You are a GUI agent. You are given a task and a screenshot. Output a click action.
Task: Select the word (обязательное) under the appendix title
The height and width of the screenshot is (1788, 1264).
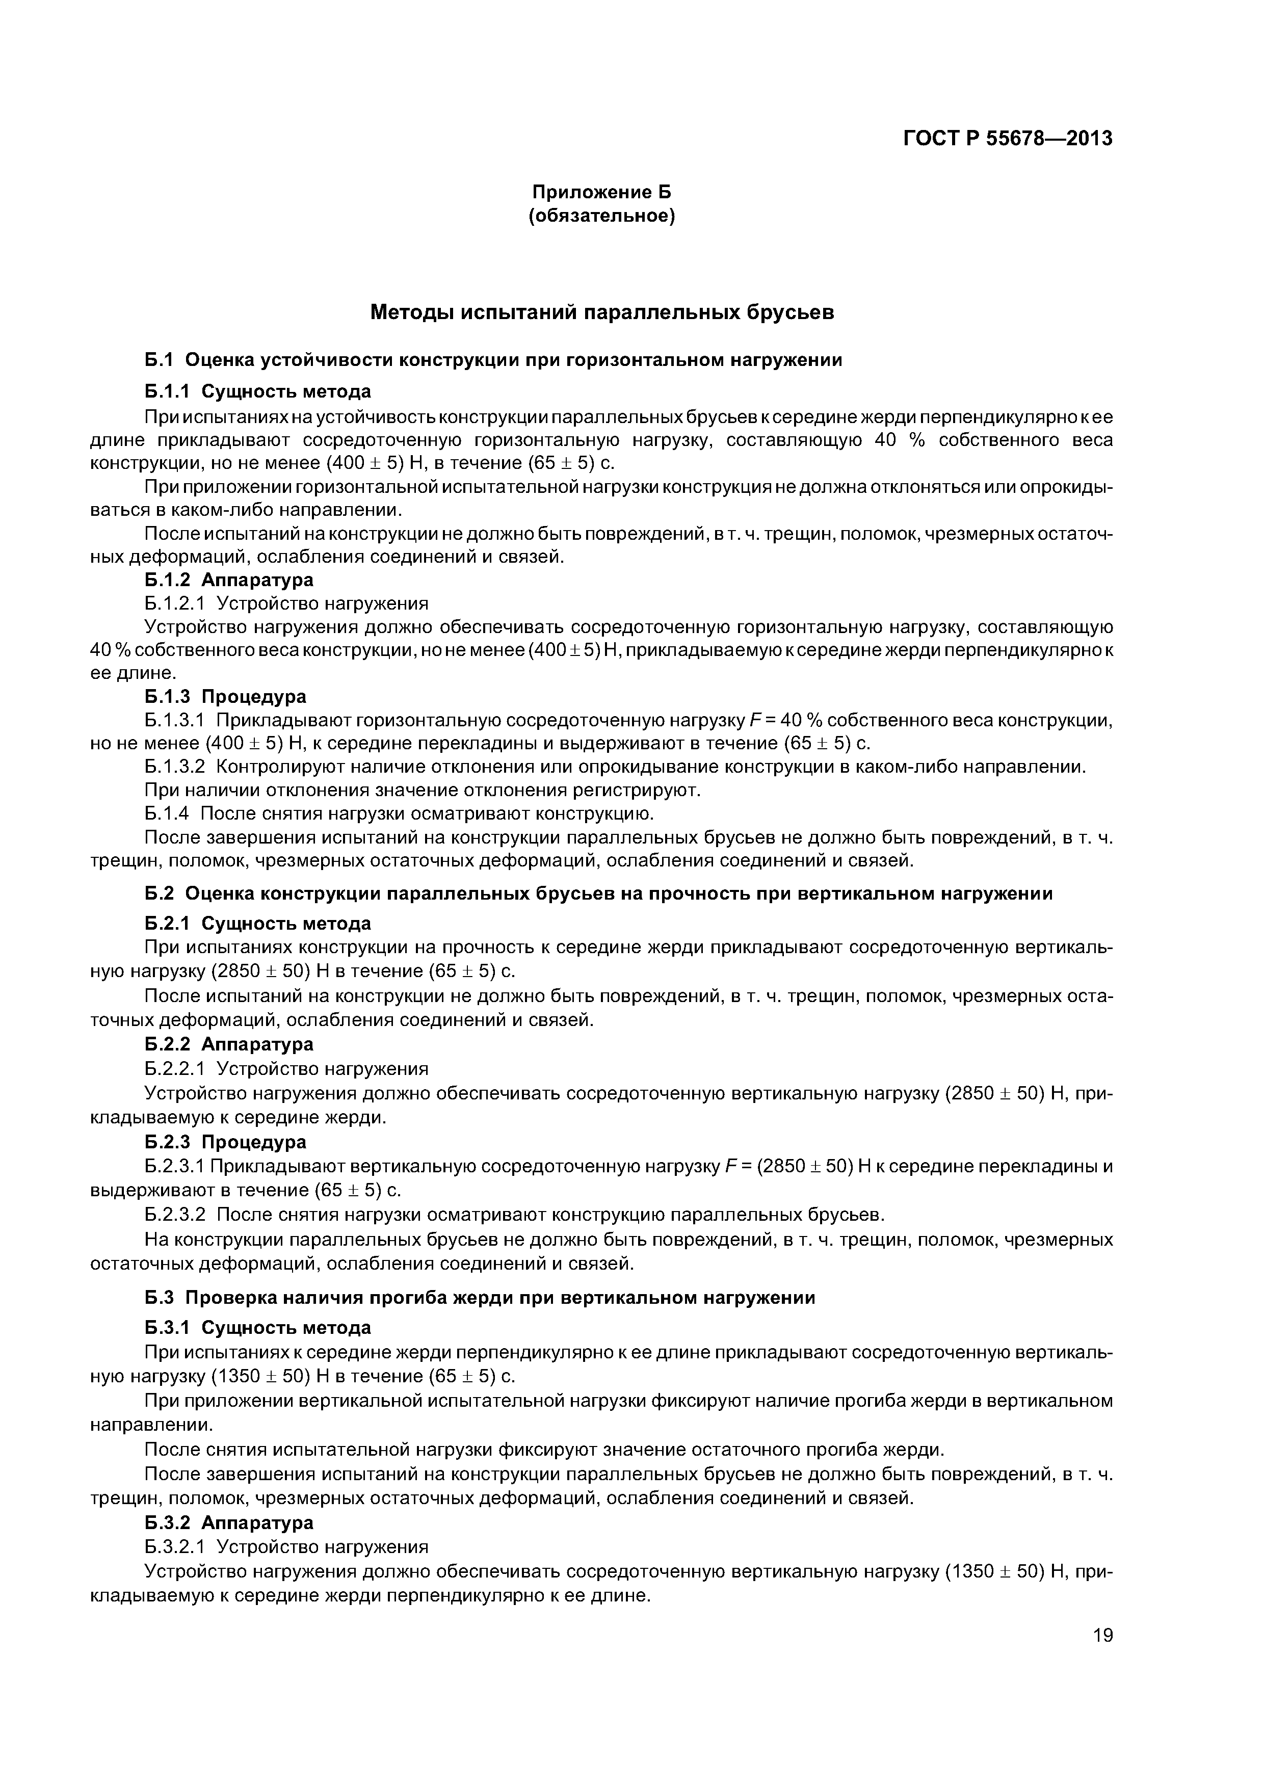pos(601,216)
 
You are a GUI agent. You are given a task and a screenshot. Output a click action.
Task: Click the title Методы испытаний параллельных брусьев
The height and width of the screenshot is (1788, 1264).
pos(601,312)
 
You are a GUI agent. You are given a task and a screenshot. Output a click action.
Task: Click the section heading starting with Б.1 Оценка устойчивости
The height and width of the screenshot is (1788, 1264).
pos(493,360)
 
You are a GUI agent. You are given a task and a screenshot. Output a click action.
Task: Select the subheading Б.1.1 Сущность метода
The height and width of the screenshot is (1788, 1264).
pos(258,391)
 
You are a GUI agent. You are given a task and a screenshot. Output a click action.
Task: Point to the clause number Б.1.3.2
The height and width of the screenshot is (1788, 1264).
pos(175,767)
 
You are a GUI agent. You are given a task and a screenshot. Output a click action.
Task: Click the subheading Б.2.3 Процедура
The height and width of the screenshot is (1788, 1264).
pos(226,1142)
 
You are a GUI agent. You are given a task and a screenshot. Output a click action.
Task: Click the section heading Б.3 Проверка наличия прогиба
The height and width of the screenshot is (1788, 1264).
pos(480,1297)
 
